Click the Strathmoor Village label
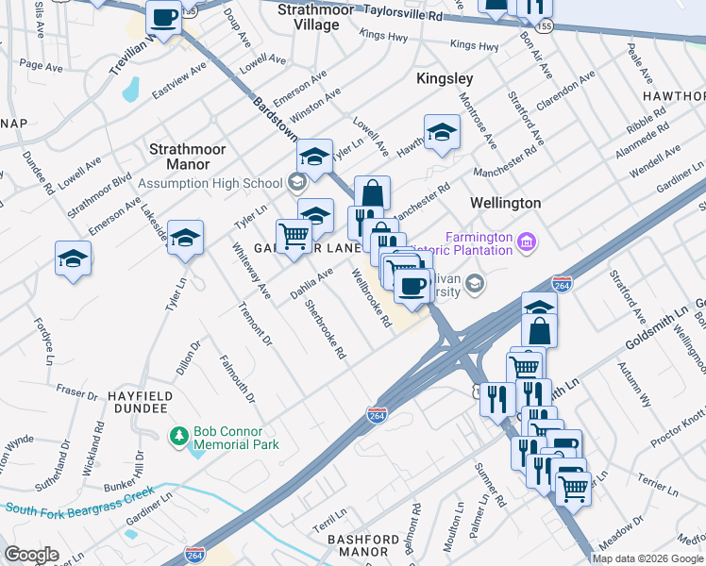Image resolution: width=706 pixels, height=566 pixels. (x=316, y=17)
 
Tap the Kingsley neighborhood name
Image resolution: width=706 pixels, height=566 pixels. (x=445, y=79)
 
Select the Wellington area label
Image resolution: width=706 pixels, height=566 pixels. (x=506, y=203)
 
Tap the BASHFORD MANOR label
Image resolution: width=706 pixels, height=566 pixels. (x=363, y=546)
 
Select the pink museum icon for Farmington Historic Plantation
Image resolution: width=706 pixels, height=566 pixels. (x=527, y=244)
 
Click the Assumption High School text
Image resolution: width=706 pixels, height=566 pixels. (x=210, y=183)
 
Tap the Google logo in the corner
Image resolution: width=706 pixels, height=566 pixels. (x=31, y=555)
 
